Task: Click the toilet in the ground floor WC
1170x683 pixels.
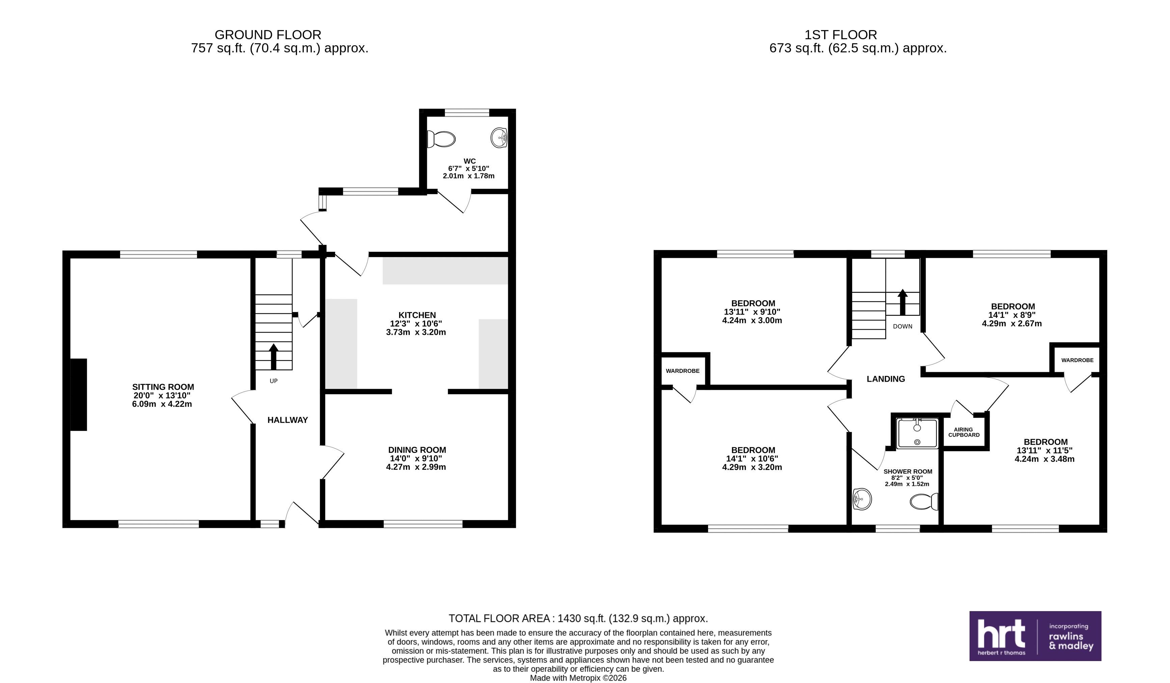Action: (441, 139)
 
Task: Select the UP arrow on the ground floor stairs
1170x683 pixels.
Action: (273, 356)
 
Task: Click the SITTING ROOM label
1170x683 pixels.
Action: (163, 387)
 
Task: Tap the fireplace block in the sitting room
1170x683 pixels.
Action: (79, 395)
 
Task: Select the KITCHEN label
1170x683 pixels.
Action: (417, 315)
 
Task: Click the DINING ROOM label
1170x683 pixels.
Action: (417, 450)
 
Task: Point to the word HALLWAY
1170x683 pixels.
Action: (288, 420)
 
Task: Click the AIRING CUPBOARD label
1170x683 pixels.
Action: (964, 432)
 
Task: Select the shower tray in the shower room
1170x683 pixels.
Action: (917, 433)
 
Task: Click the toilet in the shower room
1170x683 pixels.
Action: (924, 501)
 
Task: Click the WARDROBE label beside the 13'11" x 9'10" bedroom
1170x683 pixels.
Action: (682, 371)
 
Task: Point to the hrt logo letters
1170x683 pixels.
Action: (1001, 634)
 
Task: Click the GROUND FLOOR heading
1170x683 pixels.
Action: (268, 35)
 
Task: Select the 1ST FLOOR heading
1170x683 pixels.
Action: (841, 35)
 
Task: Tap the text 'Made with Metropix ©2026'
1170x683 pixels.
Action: (578, 678)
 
